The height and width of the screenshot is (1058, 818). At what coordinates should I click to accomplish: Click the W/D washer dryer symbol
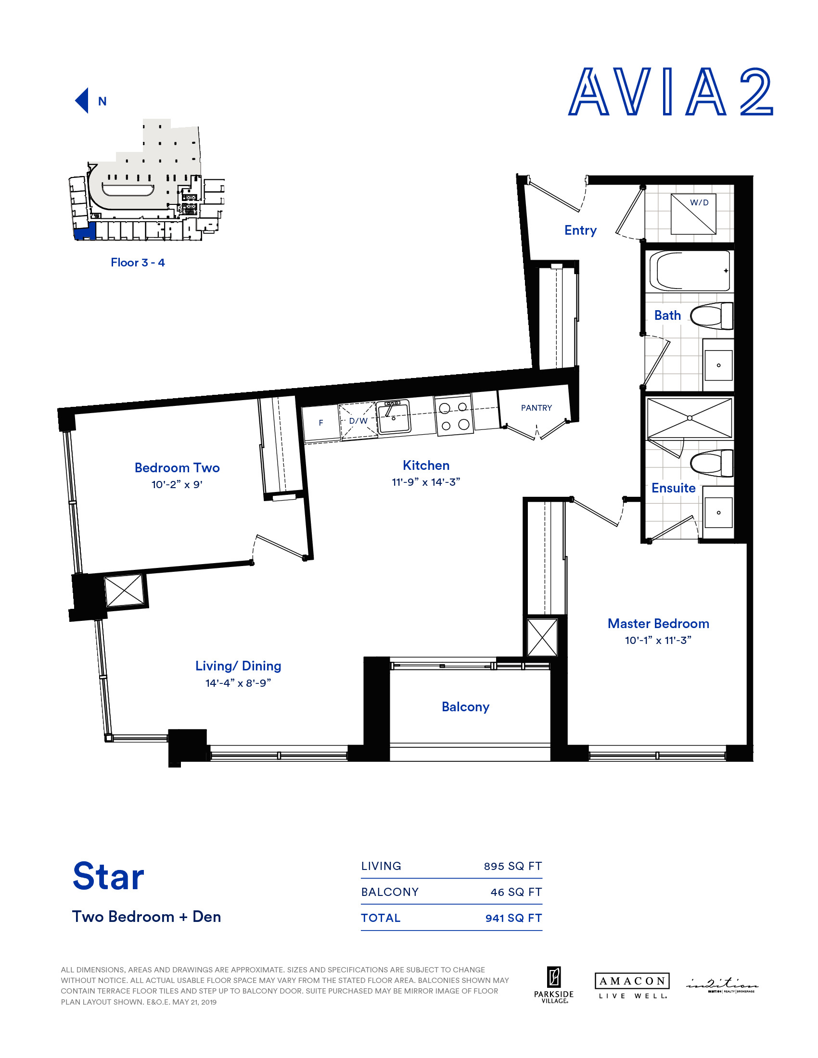click(x=693, y=214)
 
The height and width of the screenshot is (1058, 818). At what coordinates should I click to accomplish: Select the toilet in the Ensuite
click(x=711, y=463)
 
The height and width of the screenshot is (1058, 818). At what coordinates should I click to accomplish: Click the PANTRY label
click(x=536, y=408)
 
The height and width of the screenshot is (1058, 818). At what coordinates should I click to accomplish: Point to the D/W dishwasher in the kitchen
click(x=358, y=421)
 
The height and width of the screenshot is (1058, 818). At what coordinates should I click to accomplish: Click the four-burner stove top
click(x=454, y=416)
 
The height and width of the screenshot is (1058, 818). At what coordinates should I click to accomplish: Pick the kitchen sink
click(x=394, y=416)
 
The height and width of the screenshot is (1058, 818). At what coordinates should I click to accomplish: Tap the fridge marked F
click(x=320, y=423)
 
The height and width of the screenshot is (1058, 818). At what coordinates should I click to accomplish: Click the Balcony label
click(x=465, y=707)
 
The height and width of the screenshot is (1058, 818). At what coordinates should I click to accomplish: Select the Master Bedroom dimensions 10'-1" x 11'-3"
click(x=658, y=641)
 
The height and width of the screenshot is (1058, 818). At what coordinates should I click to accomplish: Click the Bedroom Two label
click(x=177, y=468)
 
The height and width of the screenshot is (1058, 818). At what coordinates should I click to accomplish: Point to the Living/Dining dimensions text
click(x=238, y=683)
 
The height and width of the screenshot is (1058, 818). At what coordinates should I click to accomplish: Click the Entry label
click(x=580, y=230)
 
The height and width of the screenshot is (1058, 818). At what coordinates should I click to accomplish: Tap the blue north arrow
click(x=82, y=101)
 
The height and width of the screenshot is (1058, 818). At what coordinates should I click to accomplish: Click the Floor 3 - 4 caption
click(x=138, y=263)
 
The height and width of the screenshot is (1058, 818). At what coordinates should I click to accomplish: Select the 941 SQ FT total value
click(x=513, y=918)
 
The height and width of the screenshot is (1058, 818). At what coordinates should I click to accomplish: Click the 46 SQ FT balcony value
click(x=516, y=892)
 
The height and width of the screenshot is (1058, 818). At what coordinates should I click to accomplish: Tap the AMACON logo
click(x=632, y=981)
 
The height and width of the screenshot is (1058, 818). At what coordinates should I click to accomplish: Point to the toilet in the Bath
click(x=711, y=316)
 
